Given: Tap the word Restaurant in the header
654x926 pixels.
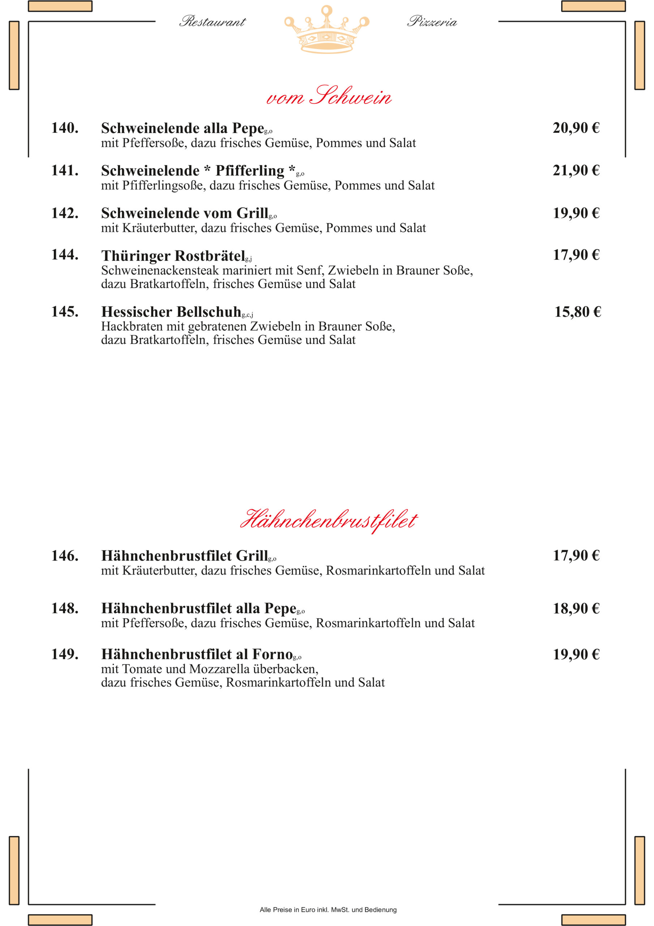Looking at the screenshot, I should tap(213, 22).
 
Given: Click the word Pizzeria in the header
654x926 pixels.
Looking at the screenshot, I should tap(432, 22).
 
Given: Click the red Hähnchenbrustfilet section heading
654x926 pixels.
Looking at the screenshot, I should tap(329, 520).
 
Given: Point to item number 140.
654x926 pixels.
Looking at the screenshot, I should tap(64, 128).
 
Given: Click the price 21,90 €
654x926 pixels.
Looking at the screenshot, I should tap(576, 171).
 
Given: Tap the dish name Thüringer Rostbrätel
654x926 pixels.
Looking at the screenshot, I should tap(174, 256).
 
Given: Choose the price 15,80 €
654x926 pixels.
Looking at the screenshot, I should tap(577, 312).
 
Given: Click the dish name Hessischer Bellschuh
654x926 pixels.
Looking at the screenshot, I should tap(171, 312).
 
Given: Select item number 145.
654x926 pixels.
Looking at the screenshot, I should tap(64, 312).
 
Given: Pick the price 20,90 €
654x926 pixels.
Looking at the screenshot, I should tap(576, 128).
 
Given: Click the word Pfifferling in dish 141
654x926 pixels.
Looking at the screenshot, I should tap(249, 171).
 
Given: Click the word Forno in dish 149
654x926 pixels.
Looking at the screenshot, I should tap(272, 654).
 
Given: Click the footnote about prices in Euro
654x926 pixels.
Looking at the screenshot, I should tap(328, 910).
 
